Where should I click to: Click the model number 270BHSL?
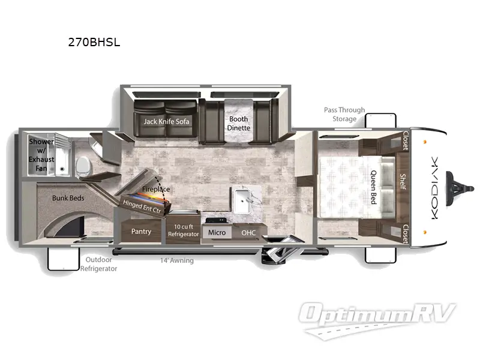point(94,42)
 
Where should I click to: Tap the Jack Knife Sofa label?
point(166,122)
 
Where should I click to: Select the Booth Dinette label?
point(238,124)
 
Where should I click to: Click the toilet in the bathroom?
point(83,167)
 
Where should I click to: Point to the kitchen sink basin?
point(242,201)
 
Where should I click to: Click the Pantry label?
point(141,231)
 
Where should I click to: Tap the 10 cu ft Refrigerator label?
point(184,230)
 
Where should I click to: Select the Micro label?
point(217,233)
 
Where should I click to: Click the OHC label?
point(248,233)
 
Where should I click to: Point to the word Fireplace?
point(156,189)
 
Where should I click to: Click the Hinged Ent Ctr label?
point(142,206)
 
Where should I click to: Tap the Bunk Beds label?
point(68,198)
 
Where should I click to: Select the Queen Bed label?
point(373,187)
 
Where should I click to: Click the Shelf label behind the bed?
point(403,182)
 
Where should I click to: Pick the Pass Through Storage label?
point(344,114)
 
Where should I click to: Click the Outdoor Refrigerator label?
point(98,264)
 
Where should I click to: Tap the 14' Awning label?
point(177,260)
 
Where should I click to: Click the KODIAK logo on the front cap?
point(434,188)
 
